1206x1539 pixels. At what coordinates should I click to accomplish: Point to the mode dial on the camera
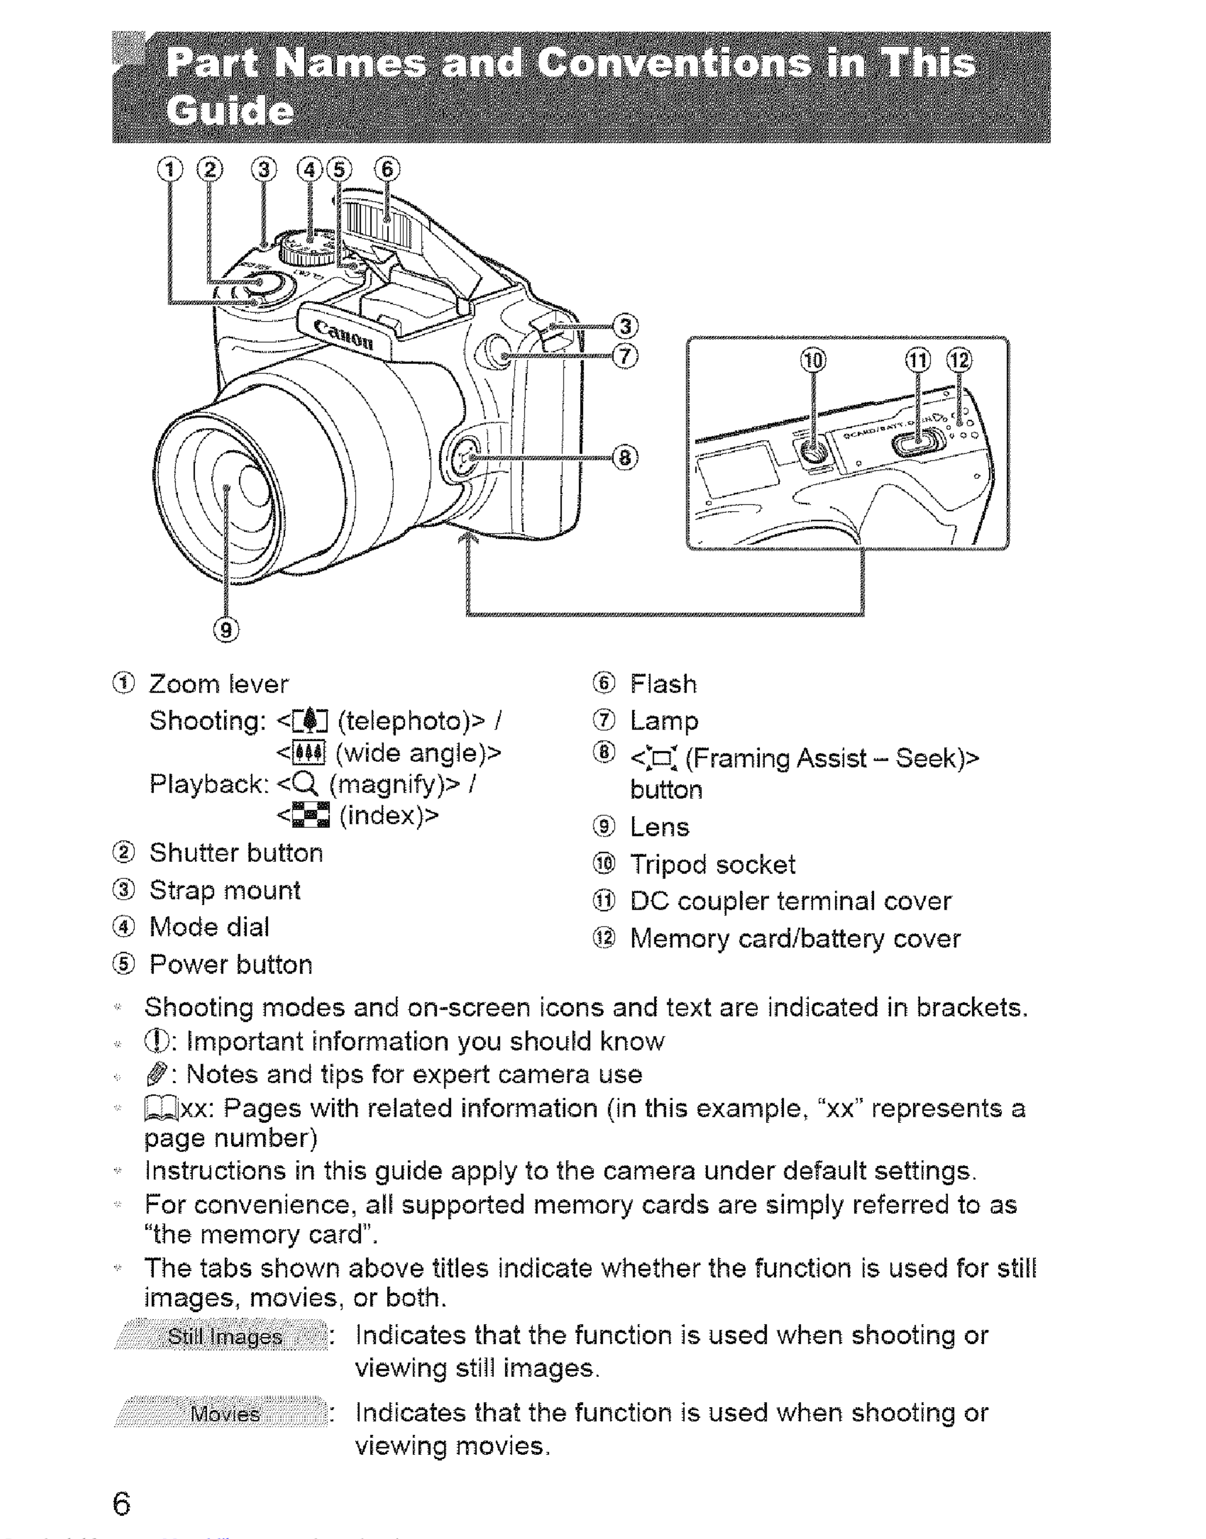(309, 244)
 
